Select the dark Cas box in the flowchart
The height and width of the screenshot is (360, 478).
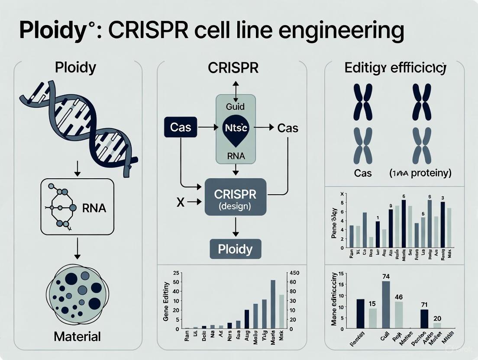(x=180, y=128)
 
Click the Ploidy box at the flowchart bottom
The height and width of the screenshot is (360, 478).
(x=235, y=249)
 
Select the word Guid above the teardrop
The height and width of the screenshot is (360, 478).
(x=235, y=107)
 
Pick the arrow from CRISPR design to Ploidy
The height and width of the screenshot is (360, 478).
(x=235, y=226)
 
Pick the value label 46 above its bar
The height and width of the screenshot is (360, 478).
(x=399, y=297)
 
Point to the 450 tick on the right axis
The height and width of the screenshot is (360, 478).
(x=291, y=273)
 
